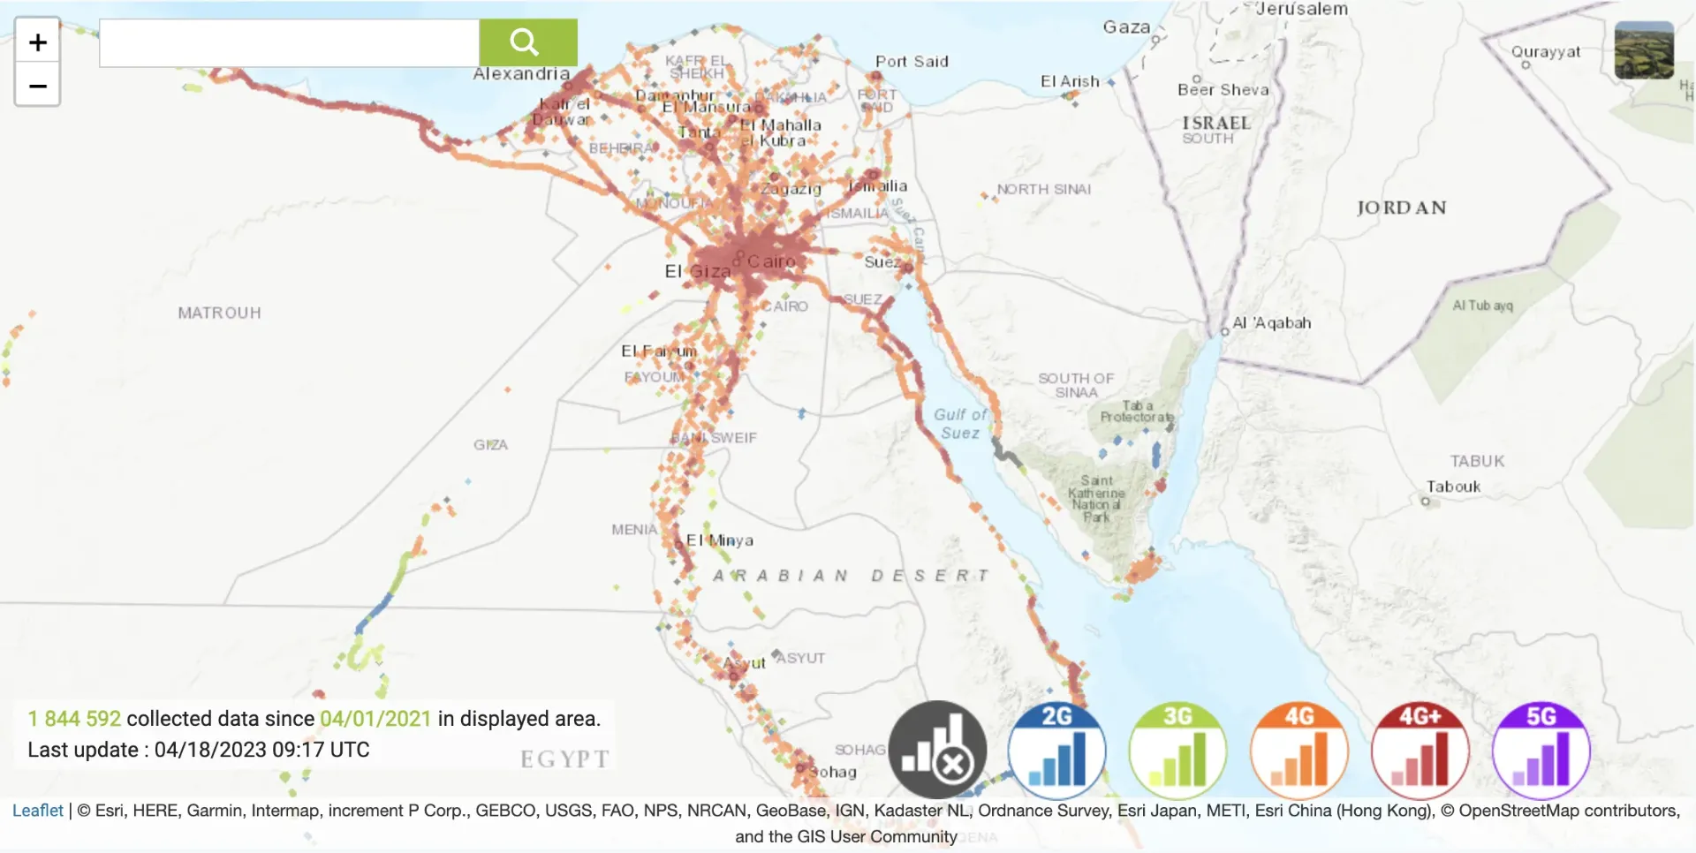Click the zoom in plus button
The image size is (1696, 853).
(x=38, y=42)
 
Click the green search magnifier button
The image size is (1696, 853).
(x=527, y=42)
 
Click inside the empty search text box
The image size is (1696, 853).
(x=289, y=42)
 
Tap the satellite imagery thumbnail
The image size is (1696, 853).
(x=1643, y=50)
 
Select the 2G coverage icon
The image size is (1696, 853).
(x=1057, y=751)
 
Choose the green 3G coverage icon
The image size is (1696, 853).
(x=1177, y=751)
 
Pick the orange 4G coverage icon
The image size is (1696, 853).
(x=1298, y=751)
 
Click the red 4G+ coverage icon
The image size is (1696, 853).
(x=1420, y=751)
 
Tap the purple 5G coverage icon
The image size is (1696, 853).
(x=1541, y=751)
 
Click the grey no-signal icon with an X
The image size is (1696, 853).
(x=937, y=751)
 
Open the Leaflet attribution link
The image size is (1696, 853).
(x=38, y=811)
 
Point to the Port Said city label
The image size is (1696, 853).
(x=912, y=62)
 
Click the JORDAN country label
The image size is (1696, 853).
(x=1401, y=208)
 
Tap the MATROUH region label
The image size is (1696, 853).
(x=219, y=313)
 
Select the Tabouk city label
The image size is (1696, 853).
(x=1453, y=487)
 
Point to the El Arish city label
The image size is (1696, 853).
(x=1070, y=81)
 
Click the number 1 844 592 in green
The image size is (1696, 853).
(x=74, y=719)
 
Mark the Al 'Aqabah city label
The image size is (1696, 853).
(x=1271, y=323)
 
